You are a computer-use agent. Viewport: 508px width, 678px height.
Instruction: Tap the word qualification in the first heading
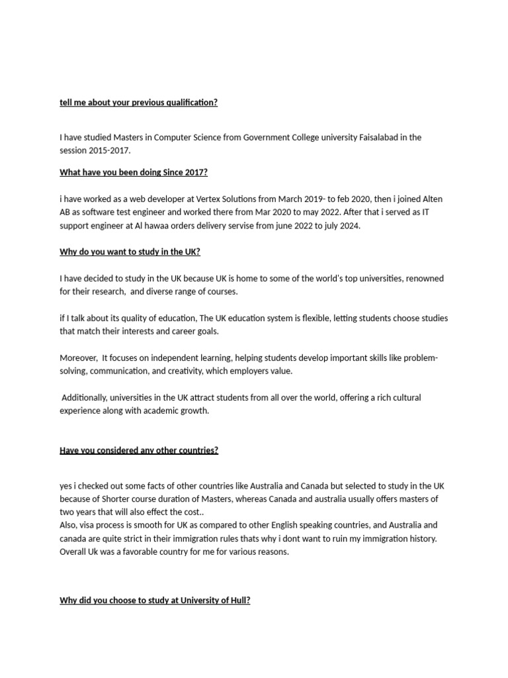pyautogui.click(x=187, y=103)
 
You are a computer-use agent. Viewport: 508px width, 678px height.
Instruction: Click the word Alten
pyautogui.click(x=431, y=199)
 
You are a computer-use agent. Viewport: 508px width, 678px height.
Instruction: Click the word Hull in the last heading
pyautogui.click(x=238, y=601)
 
